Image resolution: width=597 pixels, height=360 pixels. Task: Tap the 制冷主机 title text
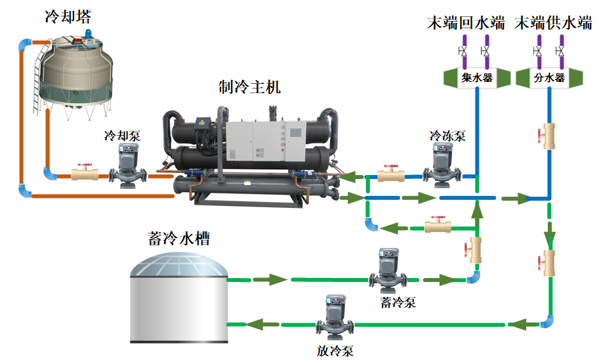[249, 87]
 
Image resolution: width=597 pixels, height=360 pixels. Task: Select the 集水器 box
[476, 78]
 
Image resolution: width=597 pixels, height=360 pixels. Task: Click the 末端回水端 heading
[466, 24]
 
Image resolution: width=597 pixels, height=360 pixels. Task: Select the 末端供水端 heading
[553, 24]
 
